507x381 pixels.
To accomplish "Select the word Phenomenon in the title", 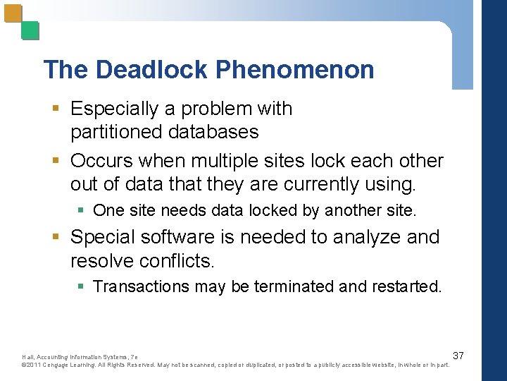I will coord(295,70).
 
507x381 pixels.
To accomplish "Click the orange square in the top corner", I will coord(13,13).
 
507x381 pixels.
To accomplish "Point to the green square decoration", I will coord(30,30).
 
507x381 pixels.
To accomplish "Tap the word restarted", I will coord(403,286).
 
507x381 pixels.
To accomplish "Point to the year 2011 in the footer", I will coord(35,364).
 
